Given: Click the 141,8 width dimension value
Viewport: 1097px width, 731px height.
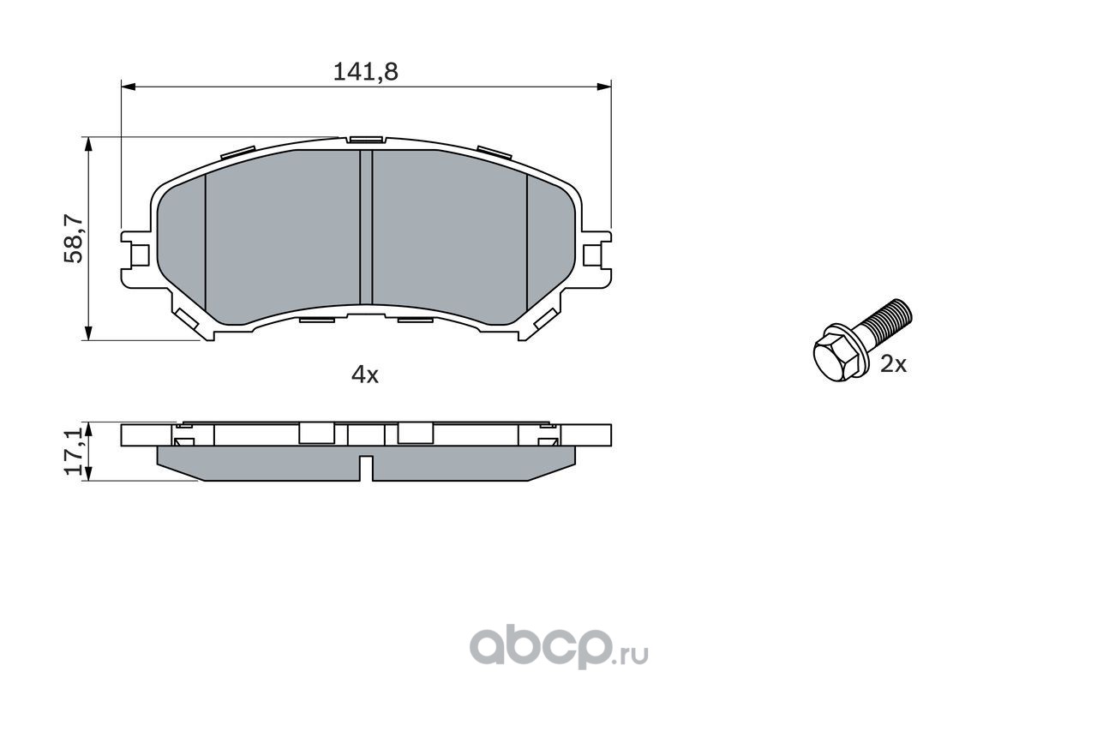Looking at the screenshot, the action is coord(365,72).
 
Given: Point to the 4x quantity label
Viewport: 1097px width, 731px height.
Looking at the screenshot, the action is coord(365,374).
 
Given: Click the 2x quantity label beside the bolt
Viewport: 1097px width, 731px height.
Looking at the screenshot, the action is coord(893,364).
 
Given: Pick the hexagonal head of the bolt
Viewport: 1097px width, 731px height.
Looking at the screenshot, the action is coord(838,352).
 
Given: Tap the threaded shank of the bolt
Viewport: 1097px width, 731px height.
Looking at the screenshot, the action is coord(886,321).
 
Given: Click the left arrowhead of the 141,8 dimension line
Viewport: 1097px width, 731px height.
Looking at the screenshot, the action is coord(128,87).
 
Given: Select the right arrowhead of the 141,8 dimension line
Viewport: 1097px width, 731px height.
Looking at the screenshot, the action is coord(604,87).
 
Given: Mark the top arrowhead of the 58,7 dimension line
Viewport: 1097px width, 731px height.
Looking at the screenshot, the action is coord(88,144).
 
